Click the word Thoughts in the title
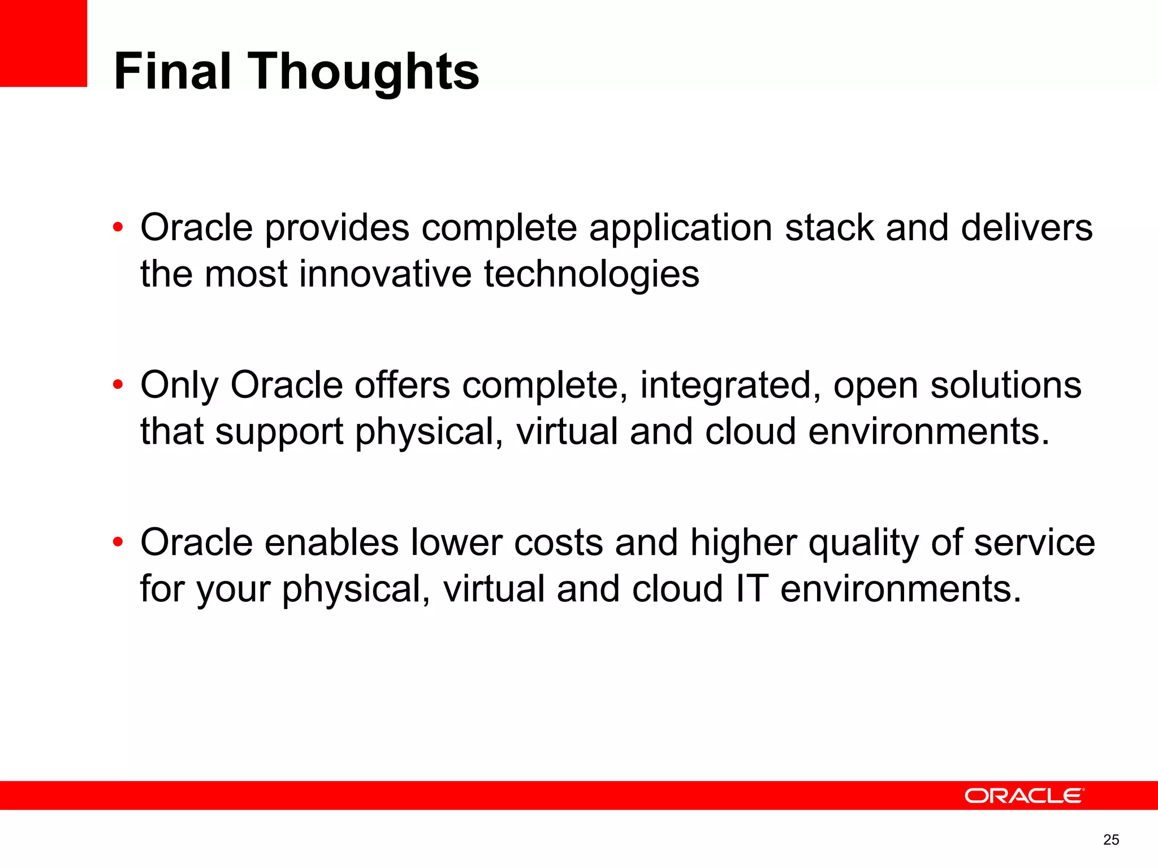click(364, 72)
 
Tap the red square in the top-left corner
click(43, 43)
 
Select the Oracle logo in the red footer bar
click(1024, 796)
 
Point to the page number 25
click(1111, 840)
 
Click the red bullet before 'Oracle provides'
click(118, 228)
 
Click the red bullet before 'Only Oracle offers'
click(118, 385)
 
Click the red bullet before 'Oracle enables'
click(118, 542)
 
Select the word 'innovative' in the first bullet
click(385, 274)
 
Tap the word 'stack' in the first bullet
click(829, 228)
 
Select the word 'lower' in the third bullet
click(456, 542)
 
